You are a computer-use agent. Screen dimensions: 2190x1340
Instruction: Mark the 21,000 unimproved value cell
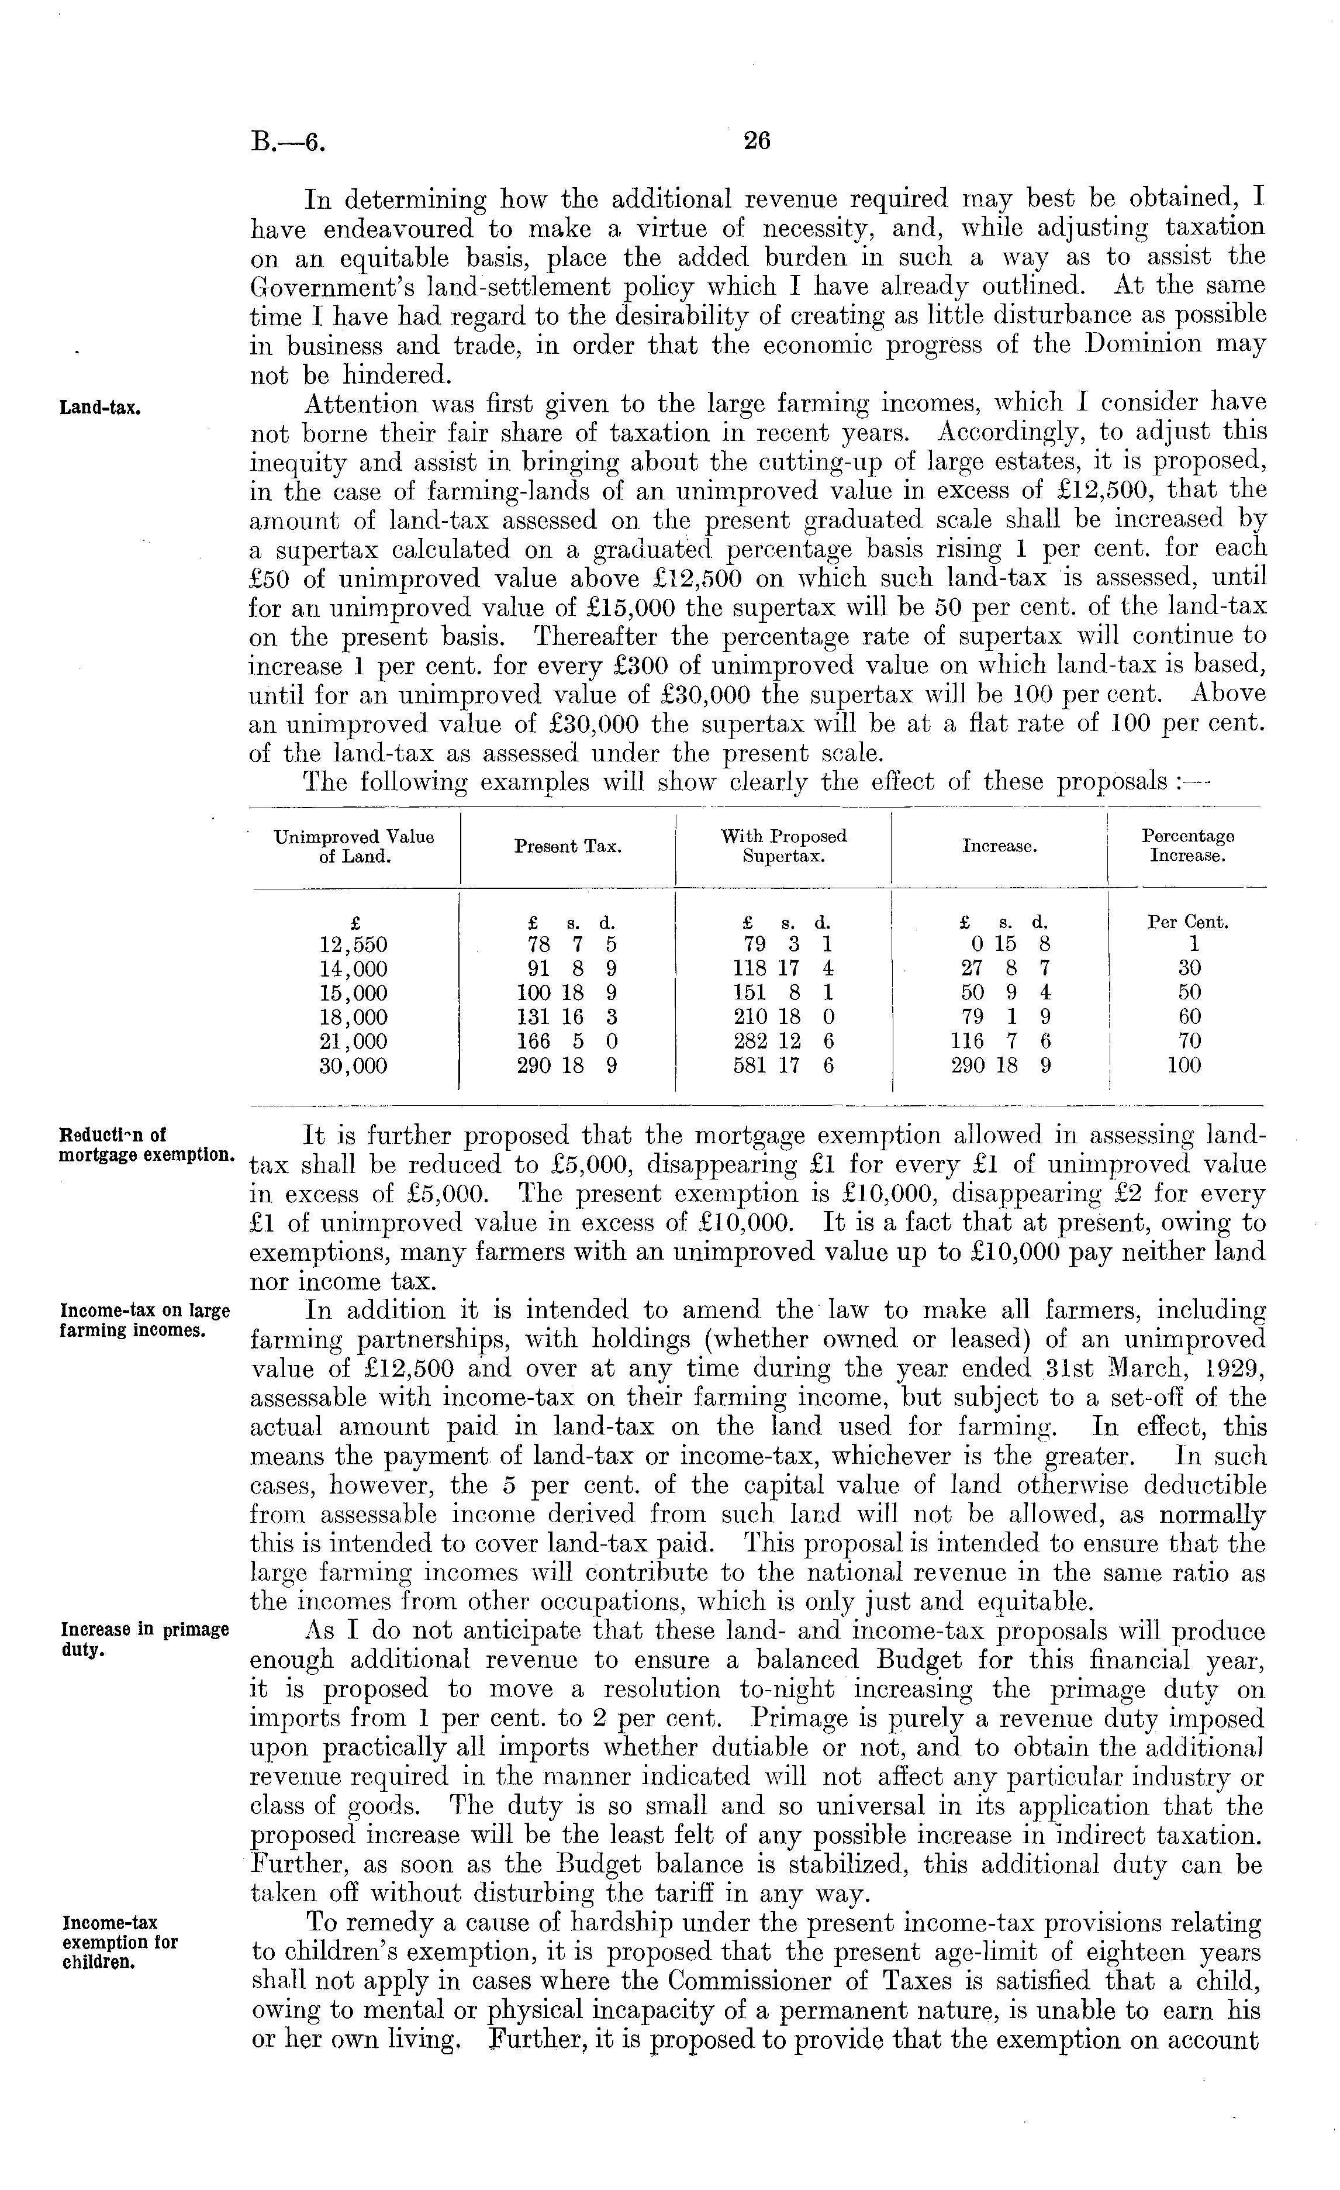[x=354, y=1041]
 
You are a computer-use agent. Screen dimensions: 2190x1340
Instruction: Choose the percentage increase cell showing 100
[x=1183, y=1065]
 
